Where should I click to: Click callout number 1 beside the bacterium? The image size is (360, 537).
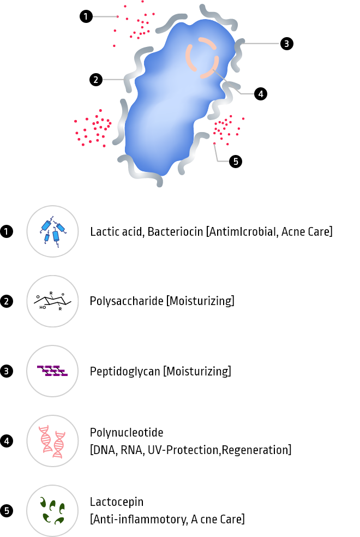[86, 17]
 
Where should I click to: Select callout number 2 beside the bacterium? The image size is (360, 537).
[96, 80]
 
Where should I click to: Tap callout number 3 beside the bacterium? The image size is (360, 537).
[286, 44]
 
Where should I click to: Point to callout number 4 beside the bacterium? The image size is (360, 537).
[261, 94]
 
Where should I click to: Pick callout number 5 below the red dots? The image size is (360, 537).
[236, 162]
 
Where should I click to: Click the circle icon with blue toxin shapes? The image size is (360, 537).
[52, 231]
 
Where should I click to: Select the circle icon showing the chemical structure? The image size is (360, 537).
[52, 301]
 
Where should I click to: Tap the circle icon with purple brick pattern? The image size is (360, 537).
[52, 371]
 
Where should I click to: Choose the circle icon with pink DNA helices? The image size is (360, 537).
[52, 441]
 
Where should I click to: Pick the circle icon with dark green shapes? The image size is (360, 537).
[52, 511]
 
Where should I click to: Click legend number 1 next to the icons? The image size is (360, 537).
[6, 231]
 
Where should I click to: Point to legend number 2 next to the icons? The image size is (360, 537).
[6, 301]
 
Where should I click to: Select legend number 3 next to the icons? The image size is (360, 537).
[6, 371]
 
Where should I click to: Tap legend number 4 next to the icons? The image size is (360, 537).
[6, 441]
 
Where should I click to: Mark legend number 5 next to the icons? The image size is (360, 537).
[7, 511]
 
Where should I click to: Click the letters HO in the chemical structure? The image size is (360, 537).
[43, 307]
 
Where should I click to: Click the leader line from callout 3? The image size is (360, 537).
[262, 43]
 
